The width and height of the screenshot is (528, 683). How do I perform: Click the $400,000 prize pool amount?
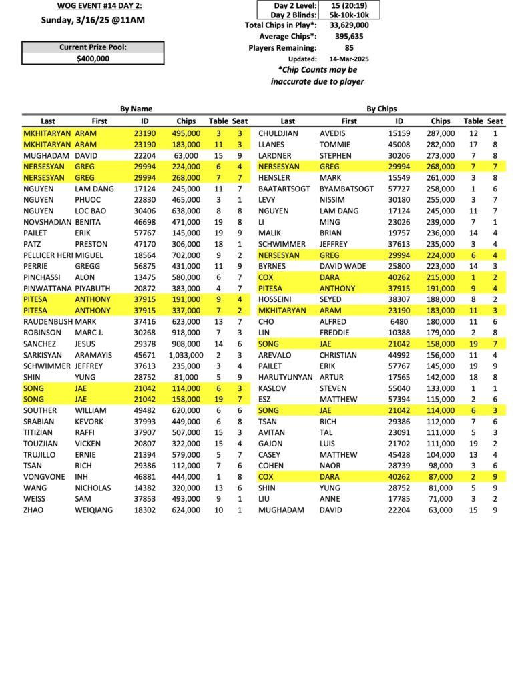pyautogui.click(x=92, y=58)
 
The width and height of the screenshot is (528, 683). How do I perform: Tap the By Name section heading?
pyautogui.click(x=136, y=109)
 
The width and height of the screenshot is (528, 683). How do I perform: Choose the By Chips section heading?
pyautogui.click(x=382, y=109)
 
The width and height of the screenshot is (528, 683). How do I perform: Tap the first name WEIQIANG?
pyautogui.click(x=93, y=510)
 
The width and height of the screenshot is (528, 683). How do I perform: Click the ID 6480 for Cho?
pyautogui.click(x=399, y=321)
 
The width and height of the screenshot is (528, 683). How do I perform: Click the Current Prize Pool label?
pyautogui.click(x=92, y=47)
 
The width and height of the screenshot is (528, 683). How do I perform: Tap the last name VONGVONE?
pyautogui.click(x=44, y=477)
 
